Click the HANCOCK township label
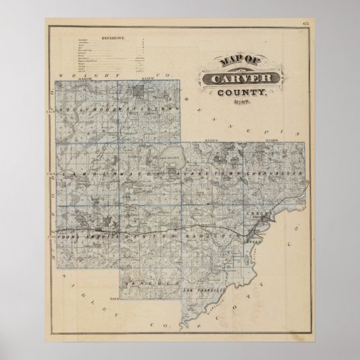coord(147,280)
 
